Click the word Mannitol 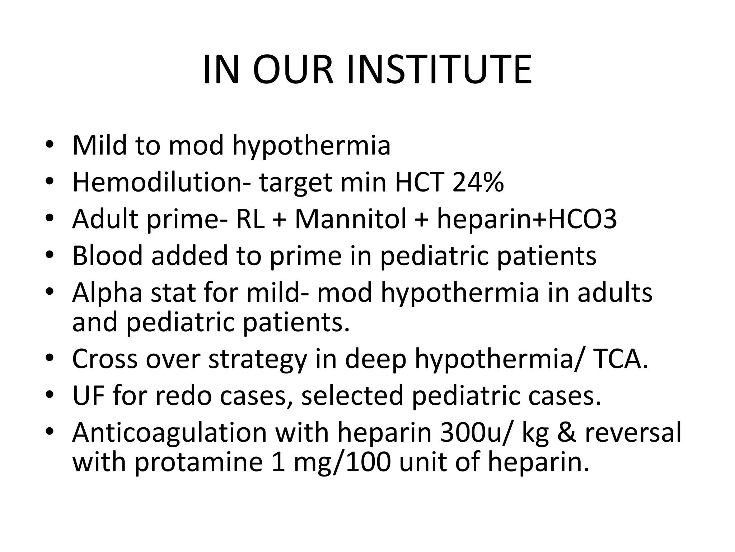[x=351, y=219]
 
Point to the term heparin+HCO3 [x=526, y=220]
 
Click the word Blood [x=108, y=256]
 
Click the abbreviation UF [x=89, y=395]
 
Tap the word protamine [x=198, y=462]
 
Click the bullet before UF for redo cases [x=50, y=395]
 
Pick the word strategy [x=258, y=359]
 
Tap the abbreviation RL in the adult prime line [x=250, y=219]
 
